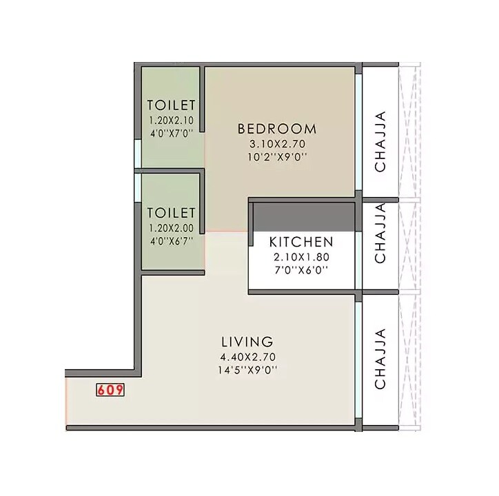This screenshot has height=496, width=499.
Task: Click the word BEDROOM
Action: [x=277, y=129]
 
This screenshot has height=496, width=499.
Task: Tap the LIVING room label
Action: [x=247, y=342]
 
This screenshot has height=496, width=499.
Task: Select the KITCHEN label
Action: [x=301, y=242]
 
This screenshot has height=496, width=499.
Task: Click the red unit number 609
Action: [x=110, y=390]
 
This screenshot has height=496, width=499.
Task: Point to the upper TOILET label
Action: [x=172, y=105]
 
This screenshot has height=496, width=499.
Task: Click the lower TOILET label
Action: [x=172, y=213]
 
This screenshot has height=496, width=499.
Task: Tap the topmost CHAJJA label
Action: [x=380, y=141]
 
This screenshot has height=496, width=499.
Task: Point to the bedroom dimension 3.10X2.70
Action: [x=276, y=144]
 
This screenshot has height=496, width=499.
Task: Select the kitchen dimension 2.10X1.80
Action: [x=301, y=257]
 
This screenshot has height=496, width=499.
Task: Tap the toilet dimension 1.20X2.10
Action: [x=172, y=120]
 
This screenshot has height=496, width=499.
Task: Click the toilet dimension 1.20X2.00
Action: [x=172, y=227]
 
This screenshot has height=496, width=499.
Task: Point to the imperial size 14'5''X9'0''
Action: [x=247, y=370]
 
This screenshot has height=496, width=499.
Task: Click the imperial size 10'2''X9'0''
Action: [x=276, y=157]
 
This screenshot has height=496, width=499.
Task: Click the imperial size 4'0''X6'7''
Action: [x=172, y=240]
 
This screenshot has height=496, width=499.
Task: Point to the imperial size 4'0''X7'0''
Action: [x=172, y=132]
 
